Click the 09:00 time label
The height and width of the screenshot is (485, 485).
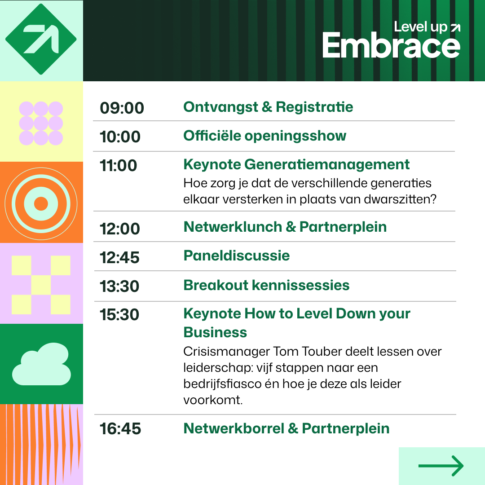pyautogui.click(x=122, y=108)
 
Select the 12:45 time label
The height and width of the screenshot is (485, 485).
pyautogui.click(x=119, y=258)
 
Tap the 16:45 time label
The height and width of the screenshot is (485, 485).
pyautogui.click(x=120, y=429)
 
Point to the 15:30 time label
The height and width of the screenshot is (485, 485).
pyautogui.click(x=119, y=314)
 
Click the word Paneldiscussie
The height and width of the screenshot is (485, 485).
pyautogui.click(x=237, y=256)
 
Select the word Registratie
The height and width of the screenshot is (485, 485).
pyautogui.click(x=314, y=107)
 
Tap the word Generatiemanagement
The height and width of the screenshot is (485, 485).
pyautogui.click(x=327, y=164)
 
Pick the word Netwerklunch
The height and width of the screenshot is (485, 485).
pyautogui.click(x=233, y=227)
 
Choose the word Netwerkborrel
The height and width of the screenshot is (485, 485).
pyautogui.click(x=234, y=429)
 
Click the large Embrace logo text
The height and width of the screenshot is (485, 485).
pyautogui.click(x=391, y=45)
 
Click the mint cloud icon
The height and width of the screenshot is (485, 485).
pyautogui.click(x=41, y=364)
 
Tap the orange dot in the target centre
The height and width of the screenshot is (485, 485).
pyautogui.click(x=41, y=204)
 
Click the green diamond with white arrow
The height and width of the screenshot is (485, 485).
pyautogui.click(x=41, y=39)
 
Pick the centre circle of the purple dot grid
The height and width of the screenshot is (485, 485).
pyautogui.click(x=41, y=123)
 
